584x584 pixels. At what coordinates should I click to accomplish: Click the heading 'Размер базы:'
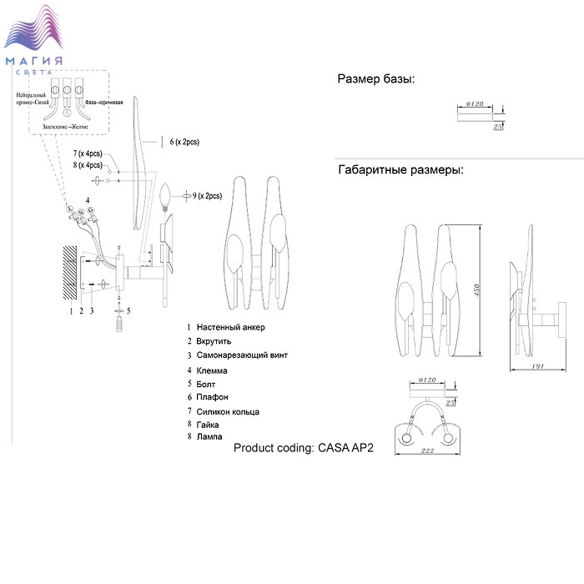pyautogui.click(x=376, y=80)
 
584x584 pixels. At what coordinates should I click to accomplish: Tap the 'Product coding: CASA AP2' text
pyautogui.click(x=305, y=447)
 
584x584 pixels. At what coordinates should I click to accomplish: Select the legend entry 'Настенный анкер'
pyautogui.click(x=231, y=328)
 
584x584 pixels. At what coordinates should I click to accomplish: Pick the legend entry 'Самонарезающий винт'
pyautogui.click(x=243, y=355)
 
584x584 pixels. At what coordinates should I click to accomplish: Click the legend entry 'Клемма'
pyautogui.click(x=213, y=370)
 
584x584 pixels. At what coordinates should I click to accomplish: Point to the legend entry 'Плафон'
pyautogui.click(x=213, y=397)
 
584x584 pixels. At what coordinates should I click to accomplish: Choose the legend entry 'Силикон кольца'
pyautogui.click(x=228, y=411)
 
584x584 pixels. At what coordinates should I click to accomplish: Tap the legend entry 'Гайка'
pyautogui.click(x=209, y=425)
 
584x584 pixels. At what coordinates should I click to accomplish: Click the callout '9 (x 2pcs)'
pyautogui.click(x=207, y=196)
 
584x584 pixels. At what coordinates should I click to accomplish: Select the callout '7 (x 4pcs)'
pyautogui.click(x=86, y=154)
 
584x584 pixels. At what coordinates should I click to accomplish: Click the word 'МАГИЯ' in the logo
pyautogui.click(x=34, y=61)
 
